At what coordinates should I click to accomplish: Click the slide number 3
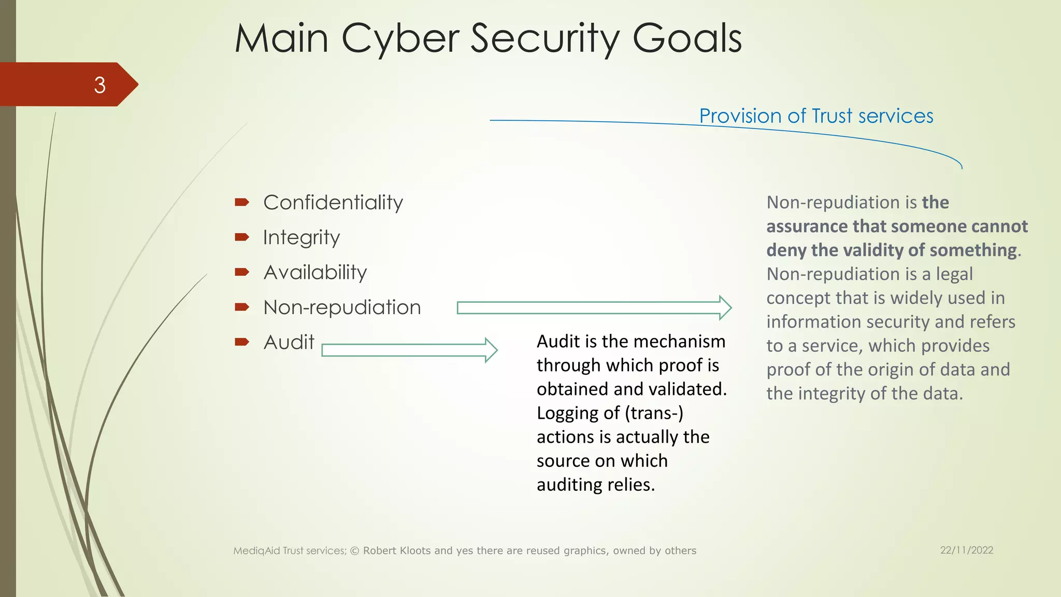pyautogui.click(x=99, y=85)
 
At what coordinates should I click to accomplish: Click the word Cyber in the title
pyautogui.click(x=400, y=39)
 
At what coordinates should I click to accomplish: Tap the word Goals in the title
pyautogui.click(x=687, y=38)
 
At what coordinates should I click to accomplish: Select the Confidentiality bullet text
pyautogui.click(x=333, y=203)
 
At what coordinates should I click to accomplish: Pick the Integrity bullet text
pyautogui.click(x=301, y=238)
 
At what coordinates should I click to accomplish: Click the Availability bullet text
pyautogui.click(x=315, y=273)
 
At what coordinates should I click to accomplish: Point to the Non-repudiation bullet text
pyautogui.click(x=342, y=308)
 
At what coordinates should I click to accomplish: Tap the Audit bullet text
pyautogui.click(x=289, y=343)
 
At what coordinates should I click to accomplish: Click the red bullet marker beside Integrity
pyautogui.click(x=242, y=237)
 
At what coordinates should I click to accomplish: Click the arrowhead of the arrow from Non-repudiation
pyautogui.click(x=725, y=308)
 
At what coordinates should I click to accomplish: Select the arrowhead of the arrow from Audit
pyautogui.click(x=491, y=350)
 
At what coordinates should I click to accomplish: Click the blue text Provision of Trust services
pyautogui.click(x=816, y=116)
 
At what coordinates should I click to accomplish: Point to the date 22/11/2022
pyautogui.click(x=967, y=550)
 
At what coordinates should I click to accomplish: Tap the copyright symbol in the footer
pyautogui.click(x=355, y=551)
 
